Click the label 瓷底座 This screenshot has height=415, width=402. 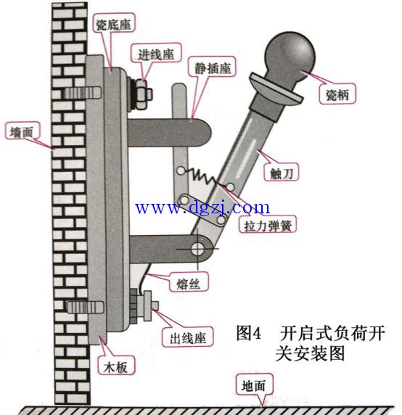coord(114,24)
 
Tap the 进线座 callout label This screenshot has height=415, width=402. coord(156,54)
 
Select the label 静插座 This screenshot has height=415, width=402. coord(213,68)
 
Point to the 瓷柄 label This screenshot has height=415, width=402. coord(337,94)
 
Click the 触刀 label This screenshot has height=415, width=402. coord(282,173)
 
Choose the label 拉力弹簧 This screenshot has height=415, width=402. coord(268,225)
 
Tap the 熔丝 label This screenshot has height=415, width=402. coord(189,284)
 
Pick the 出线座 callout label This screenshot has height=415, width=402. coord(188,338)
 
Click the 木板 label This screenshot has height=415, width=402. coord(115,367)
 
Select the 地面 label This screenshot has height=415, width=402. coord(253,385)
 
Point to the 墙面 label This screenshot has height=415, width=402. coord(22,131)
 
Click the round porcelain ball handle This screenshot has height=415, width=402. coord(290,57)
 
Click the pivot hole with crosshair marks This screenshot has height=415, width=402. coord(197,249)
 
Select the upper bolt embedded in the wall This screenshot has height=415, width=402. coord(83,93)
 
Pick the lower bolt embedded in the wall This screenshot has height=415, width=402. coord(85,307)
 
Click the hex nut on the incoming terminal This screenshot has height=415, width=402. coord(141,94)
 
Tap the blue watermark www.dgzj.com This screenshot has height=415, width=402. coord(202,207)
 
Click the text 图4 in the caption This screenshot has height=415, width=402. coord(249,333)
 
